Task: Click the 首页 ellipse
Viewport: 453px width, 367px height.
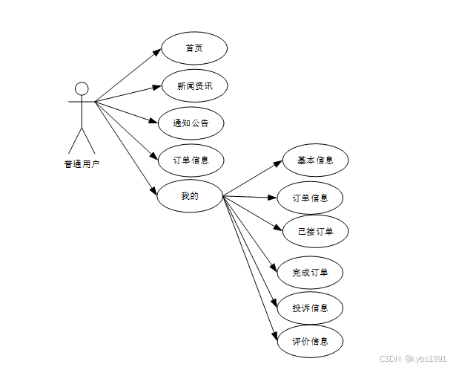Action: click(x=194, y=48)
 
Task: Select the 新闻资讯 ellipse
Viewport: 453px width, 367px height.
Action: click(x=194, y=86)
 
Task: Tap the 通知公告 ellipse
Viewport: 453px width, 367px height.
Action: click(x=191, y=123)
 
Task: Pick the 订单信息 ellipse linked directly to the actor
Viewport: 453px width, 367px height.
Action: click(x=191, y=160)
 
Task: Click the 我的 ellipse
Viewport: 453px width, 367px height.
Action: click(x=190, y=196)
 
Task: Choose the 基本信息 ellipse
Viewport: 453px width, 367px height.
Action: click(x=315, y=160)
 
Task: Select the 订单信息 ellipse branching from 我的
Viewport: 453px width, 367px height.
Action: click(x=311, y=198)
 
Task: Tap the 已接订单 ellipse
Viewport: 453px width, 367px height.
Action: click(x=315, y=232)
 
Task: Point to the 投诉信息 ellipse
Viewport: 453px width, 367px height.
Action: click(x=311, y=308)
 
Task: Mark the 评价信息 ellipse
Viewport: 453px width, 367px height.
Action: click(x=311, y=342)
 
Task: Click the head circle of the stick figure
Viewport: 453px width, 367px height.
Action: click(x=82, y=89)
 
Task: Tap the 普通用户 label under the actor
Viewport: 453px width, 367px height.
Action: click(x=82, y=164)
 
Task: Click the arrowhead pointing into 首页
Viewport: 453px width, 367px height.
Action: click(x=157, y=52)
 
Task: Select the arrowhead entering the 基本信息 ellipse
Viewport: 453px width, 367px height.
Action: click(x=280, y=163)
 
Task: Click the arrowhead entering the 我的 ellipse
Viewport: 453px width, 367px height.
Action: click(x=154, y=191)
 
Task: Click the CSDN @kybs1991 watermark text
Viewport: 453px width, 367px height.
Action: click(x=413, y=358)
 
